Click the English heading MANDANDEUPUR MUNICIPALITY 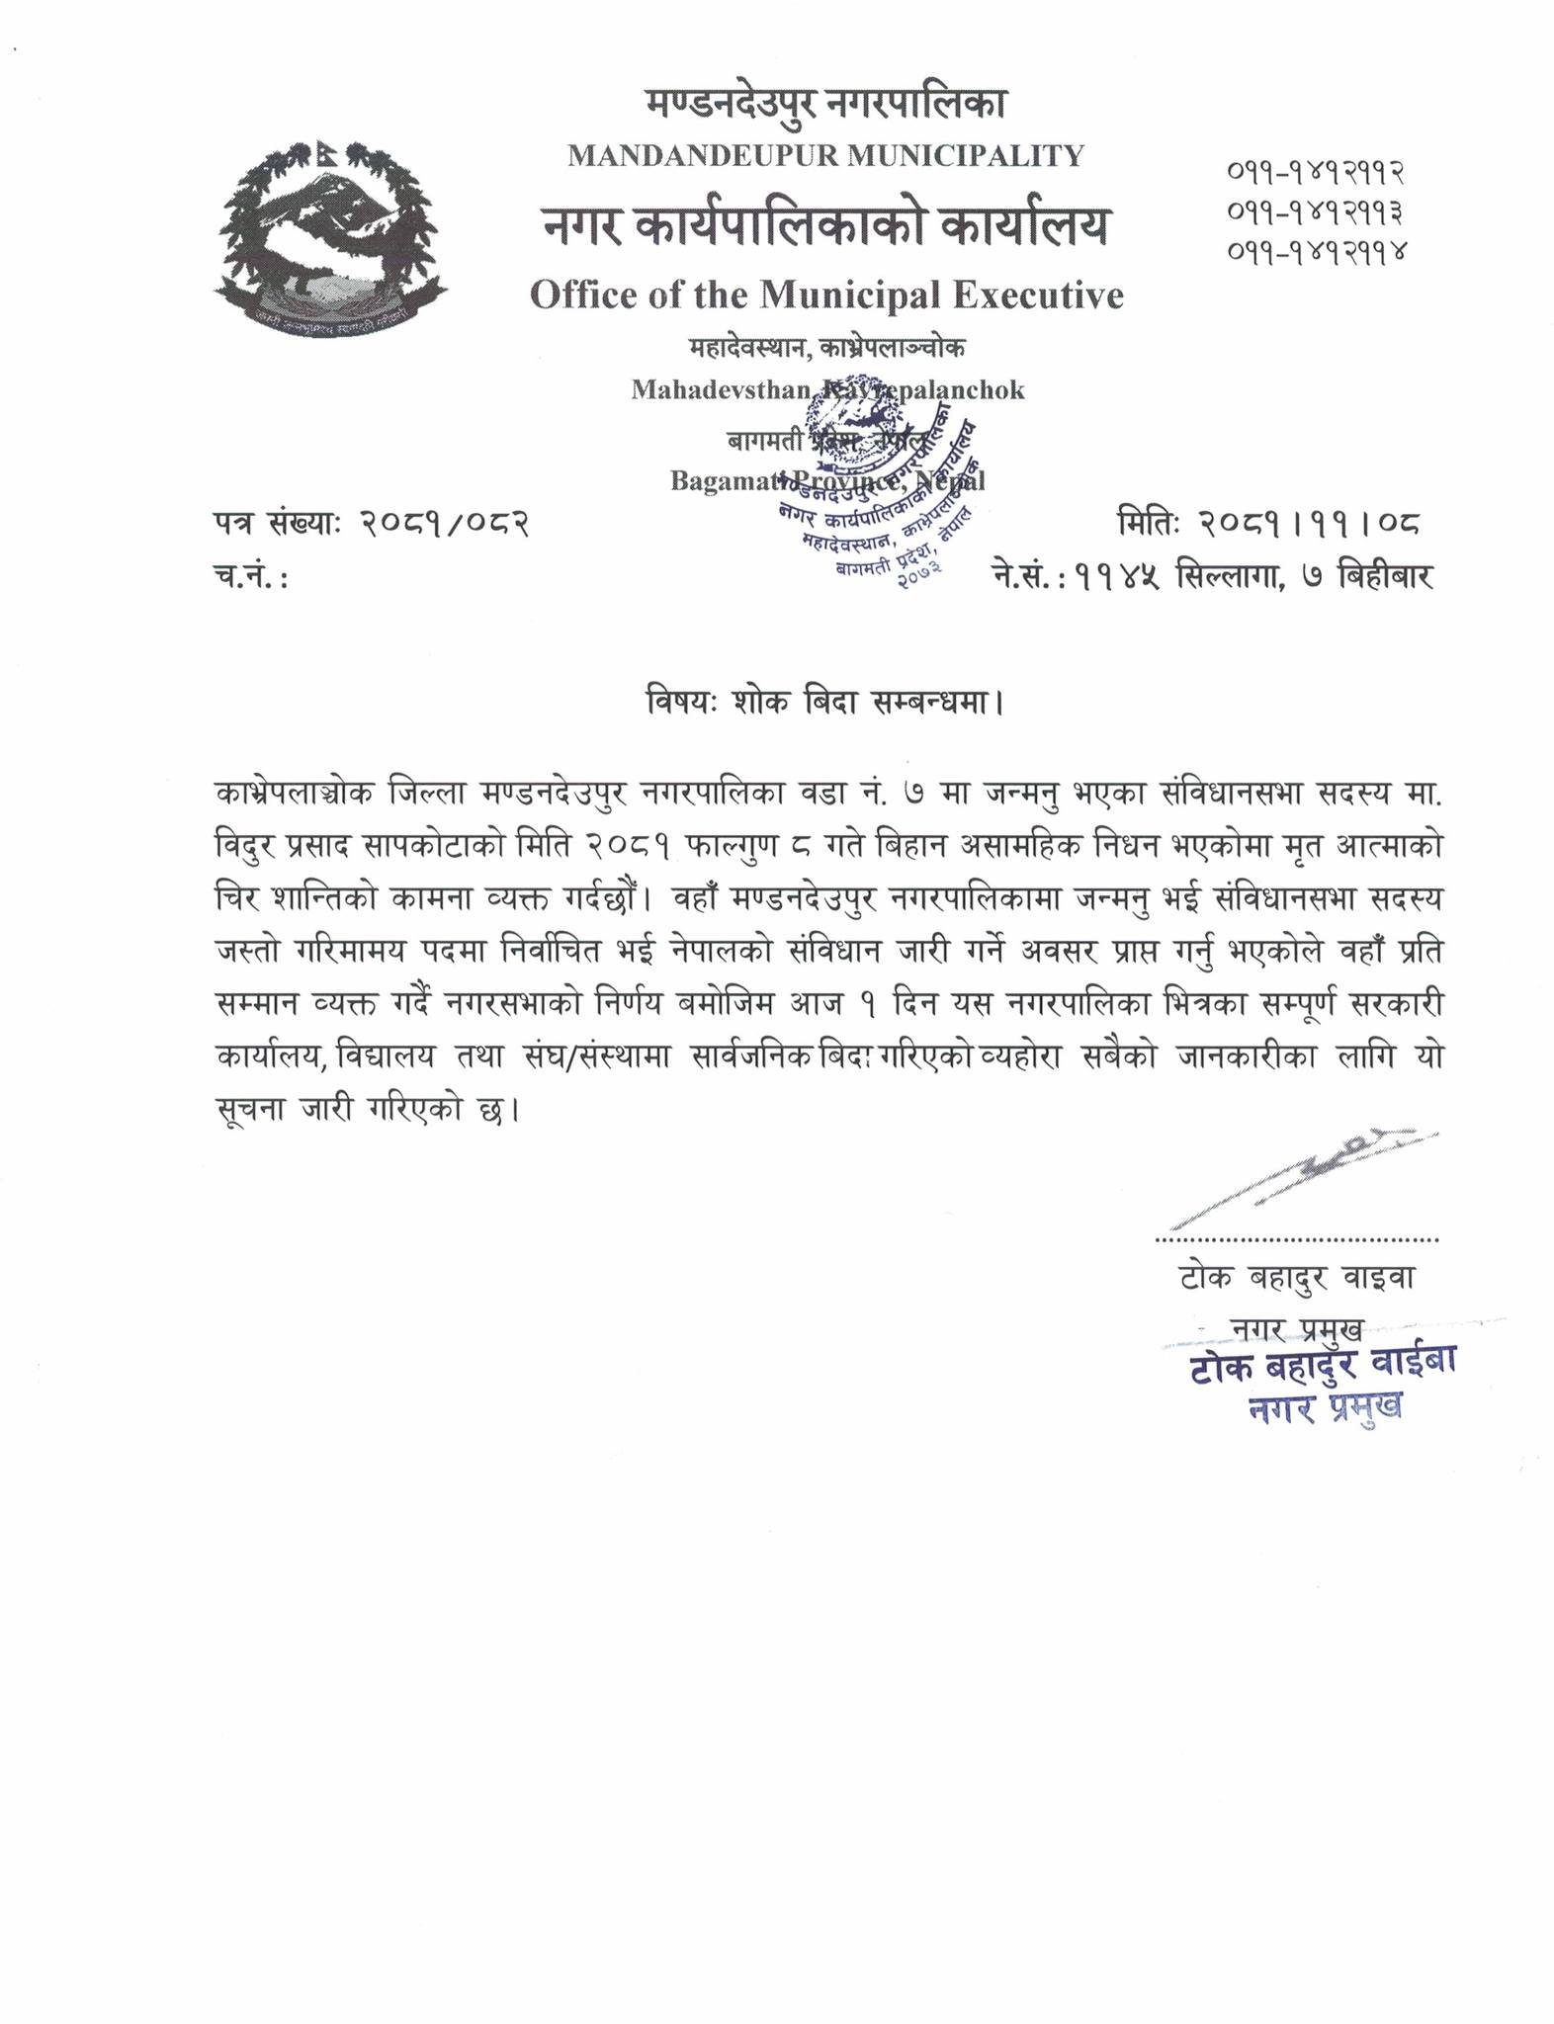point(825,155)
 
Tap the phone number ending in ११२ point(1316,173)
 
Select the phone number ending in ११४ point(1316,251)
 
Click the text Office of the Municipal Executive point(826,295)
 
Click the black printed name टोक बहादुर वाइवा point(1296,1278)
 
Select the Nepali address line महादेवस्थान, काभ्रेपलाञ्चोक point(826,348)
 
